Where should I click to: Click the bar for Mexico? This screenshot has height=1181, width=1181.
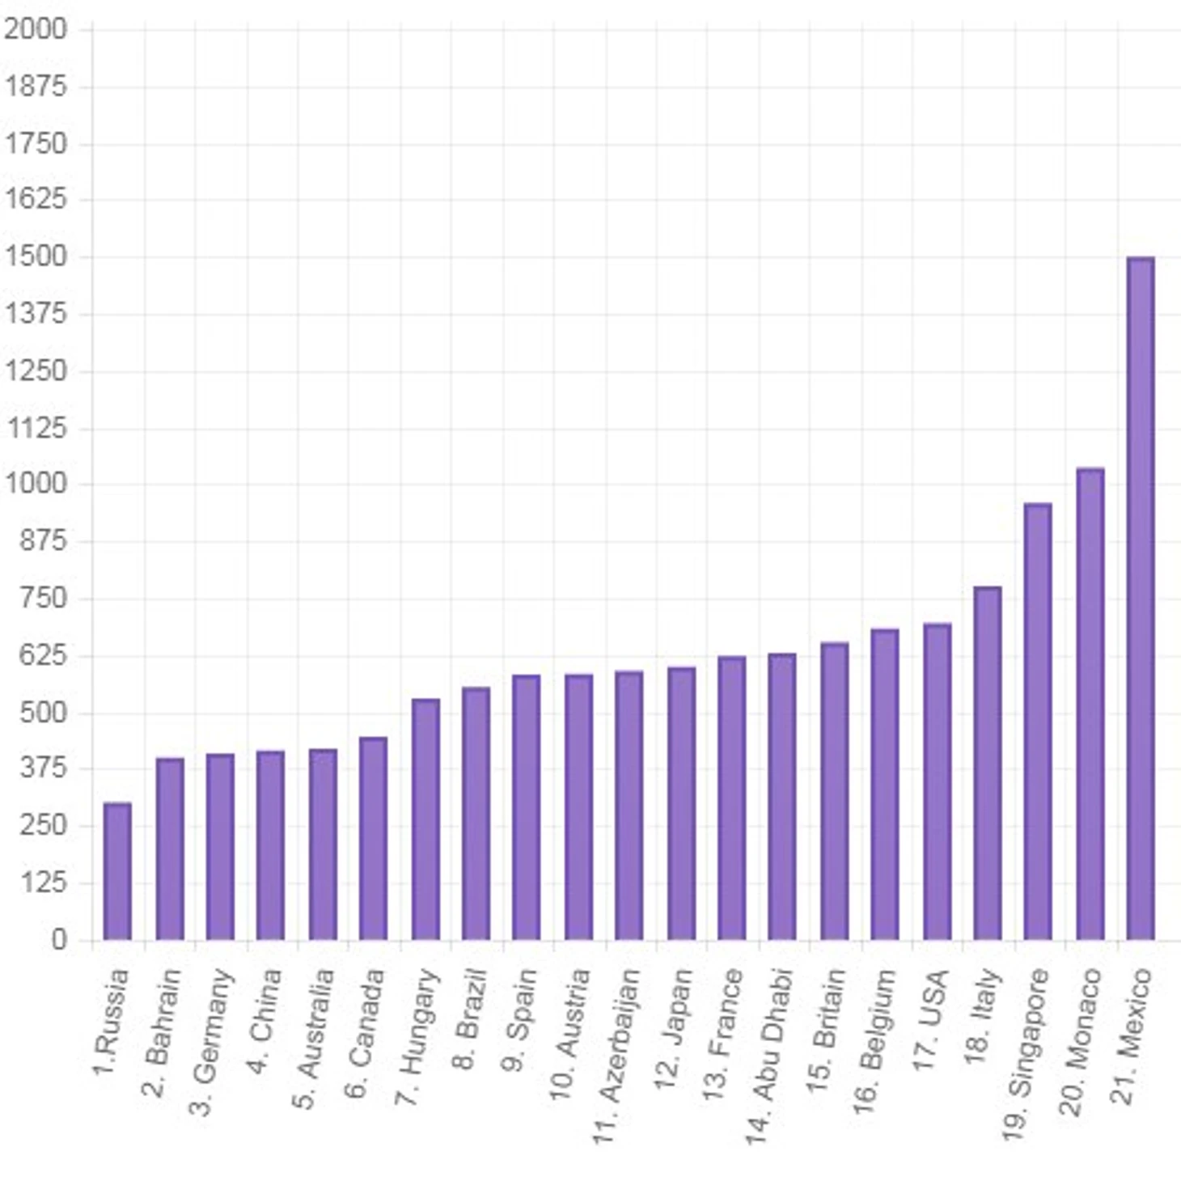click(1140, 599)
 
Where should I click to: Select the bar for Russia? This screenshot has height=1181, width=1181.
click(117, 871)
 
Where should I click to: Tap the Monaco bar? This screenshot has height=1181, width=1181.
click(1090, 704)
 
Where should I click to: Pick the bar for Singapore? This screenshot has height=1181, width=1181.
click(1037, 722)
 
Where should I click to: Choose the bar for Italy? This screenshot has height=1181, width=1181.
click(987, 763)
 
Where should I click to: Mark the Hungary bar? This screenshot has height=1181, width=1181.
click(425, 819)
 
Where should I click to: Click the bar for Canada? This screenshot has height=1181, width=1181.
click(373, 838)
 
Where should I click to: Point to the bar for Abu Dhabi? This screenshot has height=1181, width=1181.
click(781, 796)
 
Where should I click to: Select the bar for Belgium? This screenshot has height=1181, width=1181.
click(884, 784)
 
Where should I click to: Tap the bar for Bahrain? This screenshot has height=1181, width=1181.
click(170, 849)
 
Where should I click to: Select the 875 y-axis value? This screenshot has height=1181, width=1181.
click(43, 540)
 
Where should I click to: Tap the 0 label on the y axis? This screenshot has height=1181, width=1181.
click(58, 939)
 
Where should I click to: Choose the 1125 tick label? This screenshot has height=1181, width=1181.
click(36, 427)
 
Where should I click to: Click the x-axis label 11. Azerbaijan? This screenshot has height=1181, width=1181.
click(618, 1056)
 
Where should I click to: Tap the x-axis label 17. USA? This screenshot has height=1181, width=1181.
click(930, 1019)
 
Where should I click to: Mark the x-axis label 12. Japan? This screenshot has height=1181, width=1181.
click(674, 1028)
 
